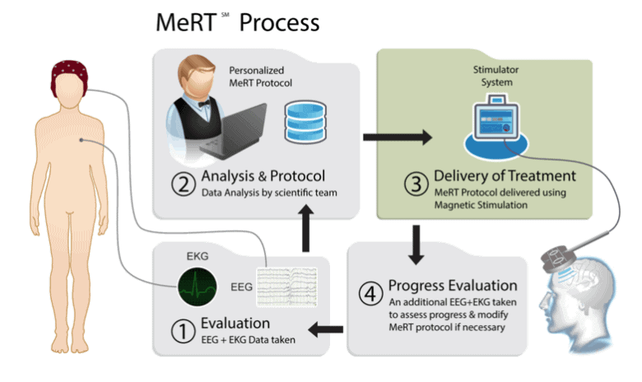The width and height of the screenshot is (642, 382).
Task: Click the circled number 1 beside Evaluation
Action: (180, 330)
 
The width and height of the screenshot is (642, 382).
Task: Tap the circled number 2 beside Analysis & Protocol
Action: (179, 183)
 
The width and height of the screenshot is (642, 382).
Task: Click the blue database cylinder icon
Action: (301, 121)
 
